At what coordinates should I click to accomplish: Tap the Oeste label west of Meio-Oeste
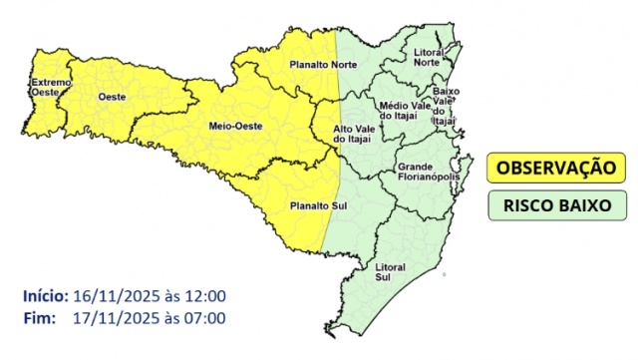pos(113,96)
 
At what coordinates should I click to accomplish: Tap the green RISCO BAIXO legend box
pos(555,205)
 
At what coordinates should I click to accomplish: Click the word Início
pos(45,296)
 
